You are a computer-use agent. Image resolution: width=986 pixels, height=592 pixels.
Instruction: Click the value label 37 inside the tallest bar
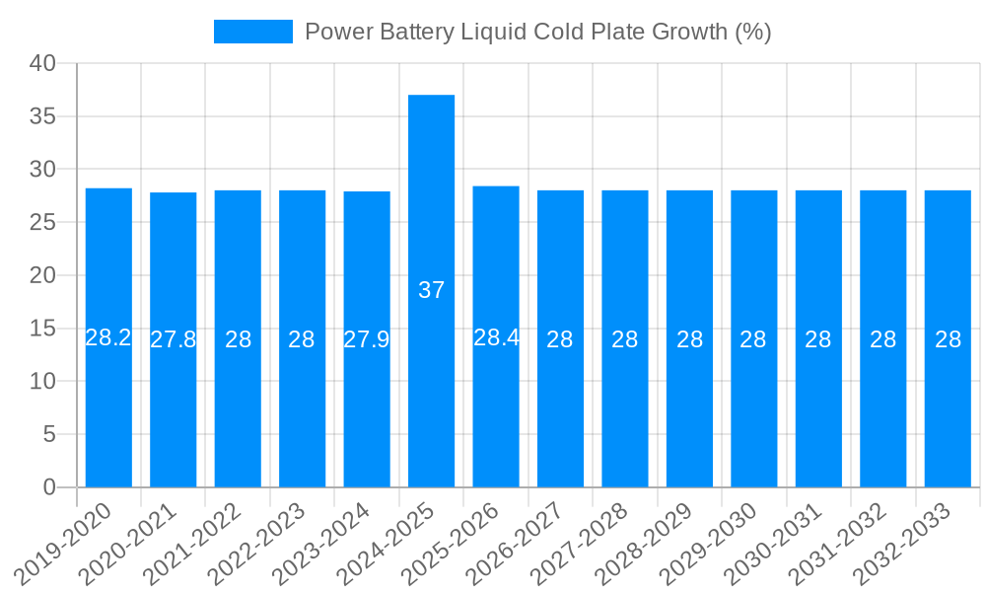[431, 290]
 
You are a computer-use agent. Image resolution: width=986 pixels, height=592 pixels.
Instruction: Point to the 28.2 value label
[108, 337]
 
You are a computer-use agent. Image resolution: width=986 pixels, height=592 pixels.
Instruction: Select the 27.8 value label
[174, 339]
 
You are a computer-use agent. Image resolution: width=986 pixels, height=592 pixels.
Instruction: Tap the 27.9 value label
[367, 339]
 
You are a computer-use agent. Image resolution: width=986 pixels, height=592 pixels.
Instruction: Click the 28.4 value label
[496, 337]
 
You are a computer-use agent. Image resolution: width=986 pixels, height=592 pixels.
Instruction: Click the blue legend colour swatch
[252, 32]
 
